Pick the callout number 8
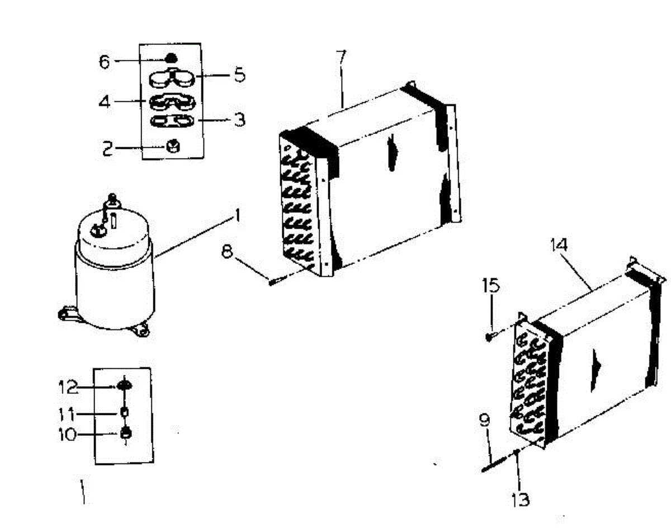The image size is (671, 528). pyautogui.click(x=227, y=251)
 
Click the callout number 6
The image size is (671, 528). pyautogui.click(x=105, y=61)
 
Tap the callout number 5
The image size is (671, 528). pyautogui.click(x=239, y=75)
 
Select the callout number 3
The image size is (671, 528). pyautogui.click(x=239, y=119)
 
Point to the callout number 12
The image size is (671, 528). pyautogui.click(x=69, y=386)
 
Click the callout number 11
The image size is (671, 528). pyautogui.click(x=68, y=414)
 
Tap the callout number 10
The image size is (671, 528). pyautogui.click(x=69, y=435)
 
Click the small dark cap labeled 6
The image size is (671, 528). pyautogui.click(x=171, y=57)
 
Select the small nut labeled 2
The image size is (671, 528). pyautogui.click(x=172, y=147)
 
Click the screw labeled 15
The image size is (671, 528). pyautogui.click(x=490, y=336)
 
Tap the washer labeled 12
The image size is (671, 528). pyautogui.click(x=124, y=385)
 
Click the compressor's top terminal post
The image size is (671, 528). pyautogui.click(x=112, y=199)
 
